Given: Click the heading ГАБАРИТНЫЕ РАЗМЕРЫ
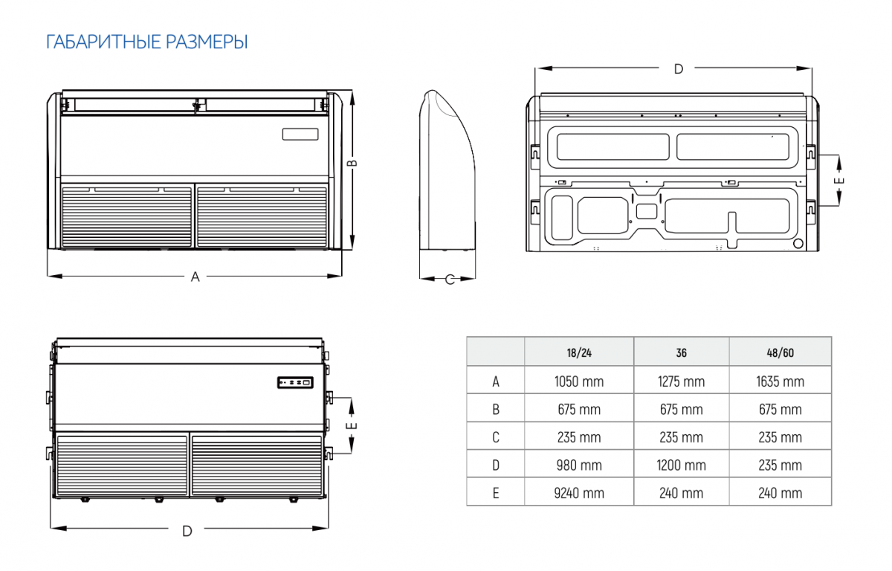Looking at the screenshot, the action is [x=147, y=42].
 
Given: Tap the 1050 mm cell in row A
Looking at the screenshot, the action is [x=579, y=381].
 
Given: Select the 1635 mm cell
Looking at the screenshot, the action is [x=780, y=381].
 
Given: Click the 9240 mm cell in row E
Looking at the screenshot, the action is [x=579, y=493].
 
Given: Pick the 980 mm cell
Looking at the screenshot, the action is [x=579, y=465].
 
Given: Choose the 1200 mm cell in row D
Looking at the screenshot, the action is [x=682, y=465].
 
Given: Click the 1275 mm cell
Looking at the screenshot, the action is [x=682, y=381].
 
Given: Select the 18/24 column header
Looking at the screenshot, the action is [x=579, y=353].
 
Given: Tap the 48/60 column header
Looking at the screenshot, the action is [x=780, y=353].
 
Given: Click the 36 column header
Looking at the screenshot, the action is [x=682, y=353].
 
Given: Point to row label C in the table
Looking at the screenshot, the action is [x=496, y=437].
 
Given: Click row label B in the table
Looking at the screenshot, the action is [x=496, y=410].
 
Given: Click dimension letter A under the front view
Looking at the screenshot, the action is [x=195, y=277].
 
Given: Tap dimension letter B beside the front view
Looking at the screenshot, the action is [x=352, y=163].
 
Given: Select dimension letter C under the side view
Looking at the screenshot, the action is [x=450, y=280].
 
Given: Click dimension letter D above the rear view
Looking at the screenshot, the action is [x=679, y=69].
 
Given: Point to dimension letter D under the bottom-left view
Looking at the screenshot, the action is [x=187, y=531].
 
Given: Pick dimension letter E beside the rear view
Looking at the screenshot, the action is [x=838, y=181].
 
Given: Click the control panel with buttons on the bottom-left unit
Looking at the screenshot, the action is [x=295, y=383].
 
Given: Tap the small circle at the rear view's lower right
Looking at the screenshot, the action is [x=798, y=243].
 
